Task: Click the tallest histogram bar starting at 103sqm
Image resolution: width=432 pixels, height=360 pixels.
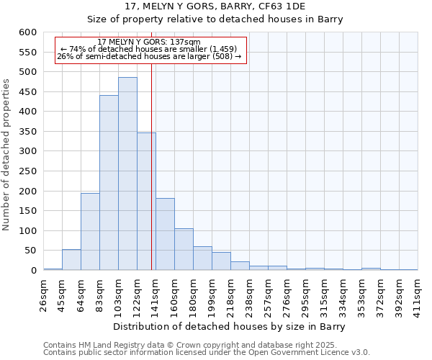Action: pos(127,174)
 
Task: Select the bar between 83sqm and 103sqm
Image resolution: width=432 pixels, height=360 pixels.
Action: pos(109,183)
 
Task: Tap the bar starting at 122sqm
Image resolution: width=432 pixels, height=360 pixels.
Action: pos(146,202)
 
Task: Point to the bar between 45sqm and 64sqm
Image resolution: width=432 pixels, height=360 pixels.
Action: pos(71,260)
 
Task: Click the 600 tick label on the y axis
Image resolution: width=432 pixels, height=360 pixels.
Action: pos(27,32)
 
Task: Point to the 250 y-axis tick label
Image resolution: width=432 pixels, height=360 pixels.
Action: pos(27,171)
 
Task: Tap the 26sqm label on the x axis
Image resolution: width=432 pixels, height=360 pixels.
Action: pos(44,294)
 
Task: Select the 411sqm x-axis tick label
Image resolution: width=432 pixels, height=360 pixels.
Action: pos(418,296)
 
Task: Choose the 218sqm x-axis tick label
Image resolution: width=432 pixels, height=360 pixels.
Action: pos(231,296)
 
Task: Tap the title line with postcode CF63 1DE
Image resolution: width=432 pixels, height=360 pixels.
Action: pos(215,6)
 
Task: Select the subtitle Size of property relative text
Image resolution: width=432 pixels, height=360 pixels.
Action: pos(215,19)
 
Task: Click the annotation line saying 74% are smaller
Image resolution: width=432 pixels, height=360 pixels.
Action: pos(148,49)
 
